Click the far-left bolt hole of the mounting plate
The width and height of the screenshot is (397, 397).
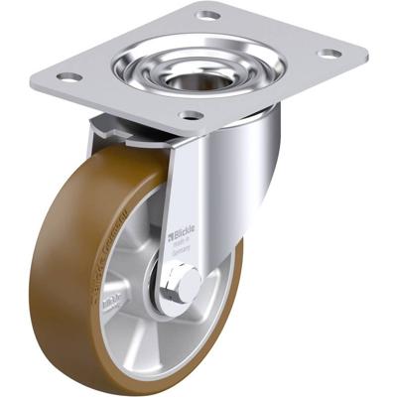(x=67, y=77)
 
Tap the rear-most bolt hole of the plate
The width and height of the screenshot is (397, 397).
(x=207, y=16)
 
